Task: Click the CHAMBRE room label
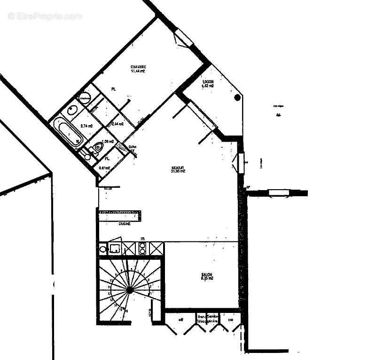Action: (138, 67)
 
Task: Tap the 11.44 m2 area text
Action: (138, 72)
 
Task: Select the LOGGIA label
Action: (208, 81)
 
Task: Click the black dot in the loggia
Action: (237, 97)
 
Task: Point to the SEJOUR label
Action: (178, 167)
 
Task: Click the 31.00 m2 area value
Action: (178, 172)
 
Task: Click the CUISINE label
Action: (125, 224)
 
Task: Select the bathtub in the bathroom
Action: (69, 132)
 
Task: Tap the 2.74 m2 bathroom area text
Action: (86, 126)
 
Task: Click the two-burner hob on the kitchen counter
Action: (142, 248)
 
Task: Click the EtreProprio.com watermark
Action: (45, 16)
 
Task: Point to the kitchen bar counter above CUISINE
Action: (120, 215)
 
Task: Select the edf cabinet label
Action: (180, 320)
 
